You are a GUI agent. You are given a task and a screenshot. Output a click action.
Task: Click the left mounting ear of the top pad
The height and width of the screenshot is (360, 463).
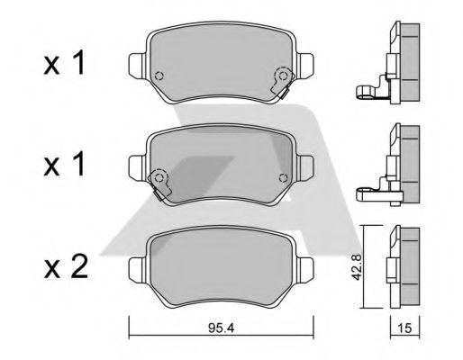click(x=136, y=66)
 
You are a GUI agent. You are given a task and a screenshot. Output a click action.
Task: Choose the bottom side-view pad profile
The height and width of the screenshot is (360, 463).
click(x=402, y=265)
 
